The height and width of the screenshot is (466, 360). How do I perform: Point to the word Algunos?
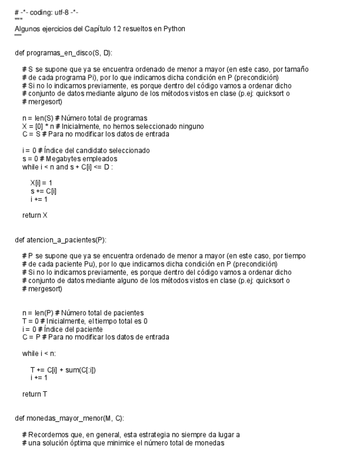click(27, 29)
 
